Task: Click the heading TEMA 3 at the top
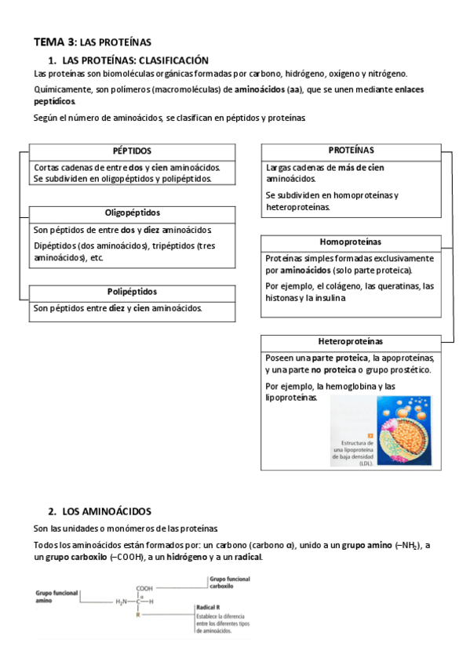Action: [x=55, y=42]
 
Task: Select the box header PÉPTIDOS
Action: [x=132, y=151]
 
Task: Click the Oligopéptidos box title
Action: [x=132, y=213]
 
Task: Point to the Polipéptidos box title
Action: [x=132, y=291]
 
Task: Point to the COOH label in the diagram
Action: [x=144, y=588]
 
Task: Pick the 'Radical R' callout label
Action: [x=208, y=608]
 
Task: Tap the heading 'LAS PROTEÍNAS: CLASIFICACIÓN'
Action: [x=134, y=60]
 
